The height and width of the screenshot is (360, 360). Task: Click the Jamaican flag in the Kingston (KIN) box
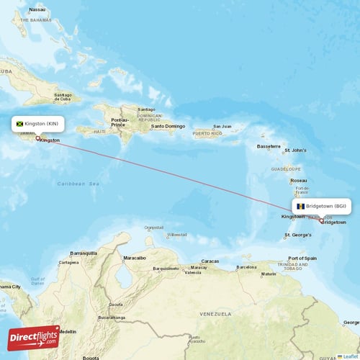(20, 124)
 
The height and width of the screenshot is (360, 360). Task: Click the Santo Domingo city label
(168, 127)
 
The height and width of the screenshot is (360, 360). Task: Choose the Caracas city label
(210, 261)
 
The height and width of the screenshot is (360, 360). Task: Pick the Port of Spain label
(302, 258)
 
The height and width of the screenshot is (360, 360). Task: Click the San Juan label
(222, 127)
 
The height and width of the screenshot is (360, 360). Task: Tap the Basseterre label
(268, 146)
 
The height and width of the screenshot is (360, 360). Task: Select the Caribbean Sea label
(78, 184)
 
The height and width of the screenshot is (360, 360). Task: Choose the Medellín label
(68, 331)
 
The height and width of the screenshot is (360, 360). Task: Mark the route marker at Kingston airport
(37, 138)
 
